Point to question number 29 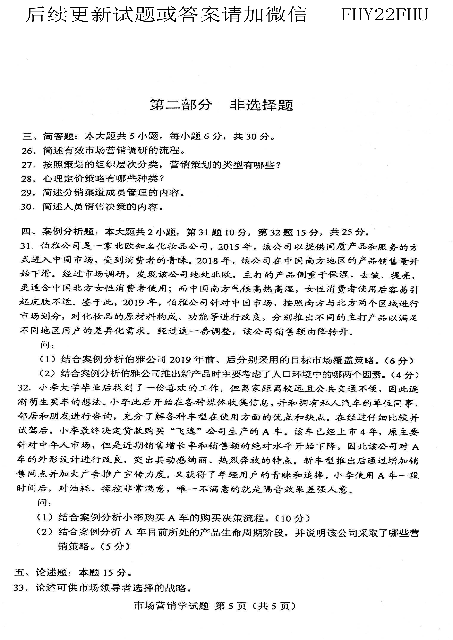pos(28,193)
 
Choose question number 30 pos(28,207)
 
